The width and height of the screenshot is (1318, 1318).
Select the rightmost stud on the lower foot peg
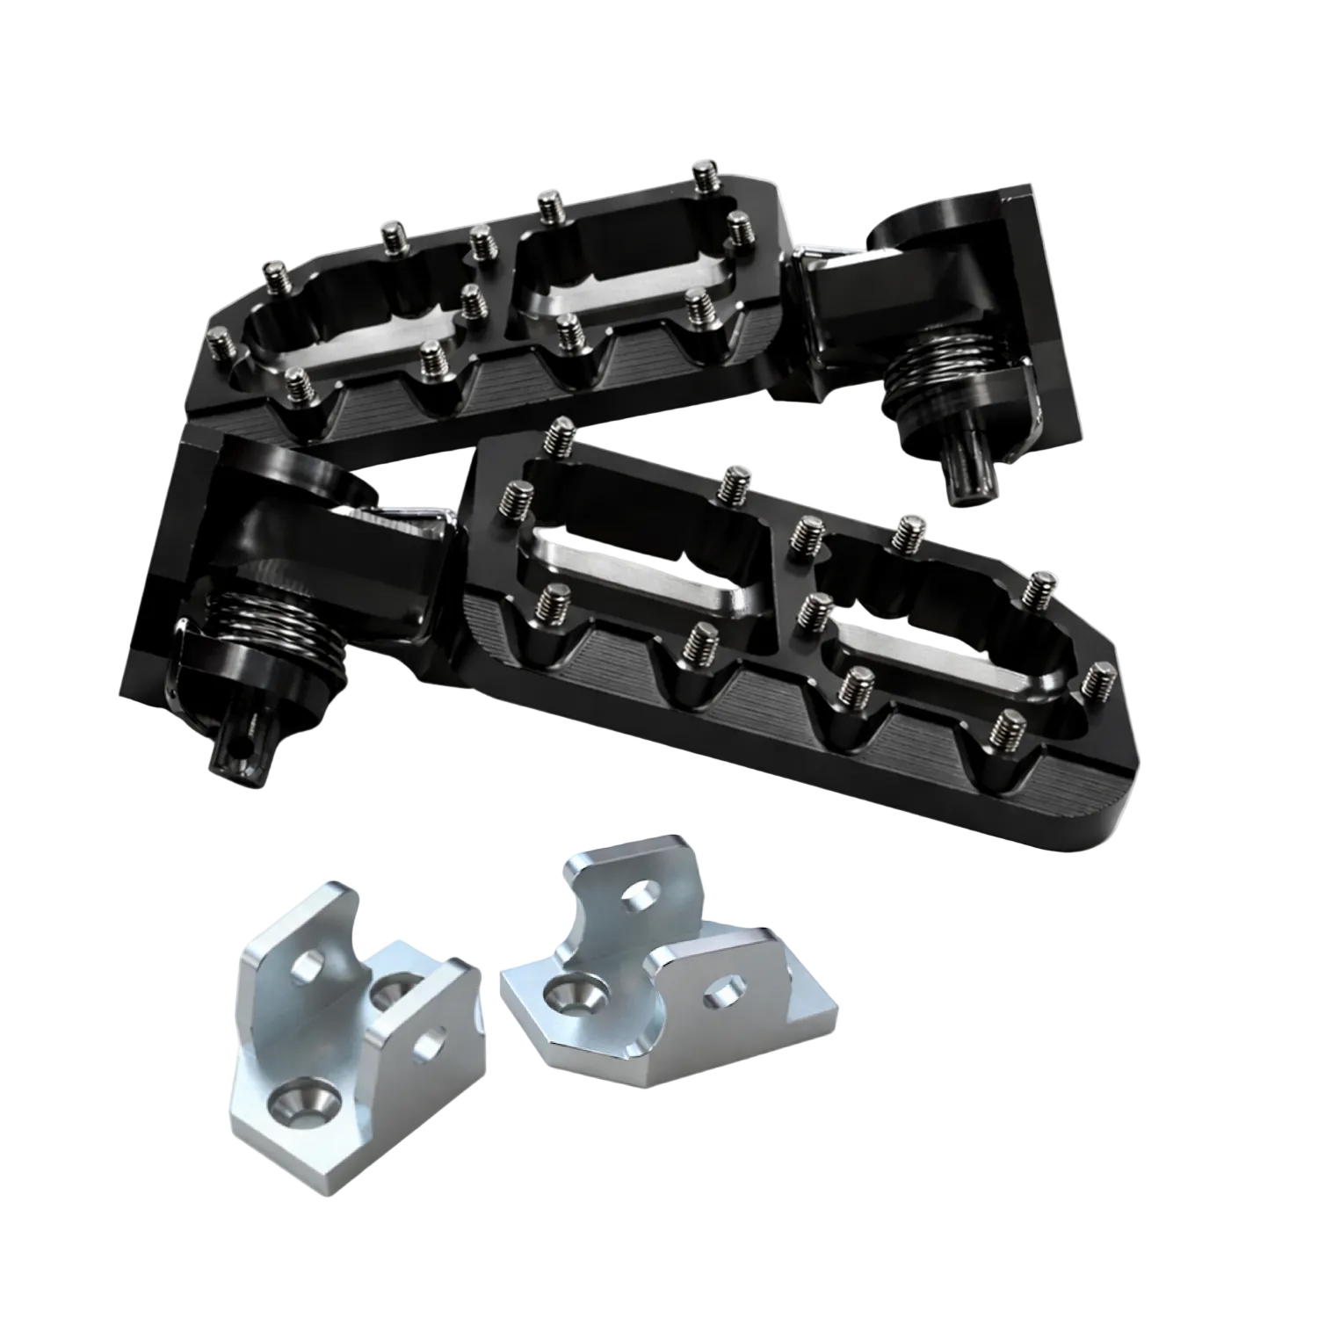(x=1098, y=682)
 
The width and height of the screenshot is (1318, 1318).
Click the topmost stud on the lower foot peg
(x=559, y=434)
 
